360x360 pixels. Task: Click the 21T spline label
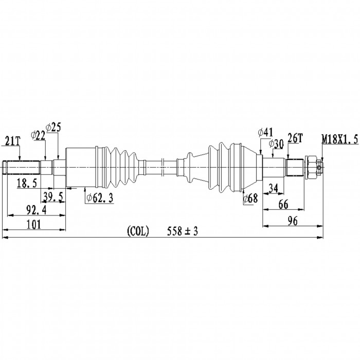click(13, 140)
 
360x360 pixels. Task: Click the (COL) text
click(137, 232)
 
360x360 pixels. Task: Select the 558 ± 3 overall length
click(183, 232)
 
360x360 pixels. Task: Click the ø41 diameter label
click(265, 132)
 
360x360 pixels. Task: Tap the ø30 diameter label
click(276, 145)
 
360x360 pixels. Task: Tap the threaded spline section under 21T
click(23, 167)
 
